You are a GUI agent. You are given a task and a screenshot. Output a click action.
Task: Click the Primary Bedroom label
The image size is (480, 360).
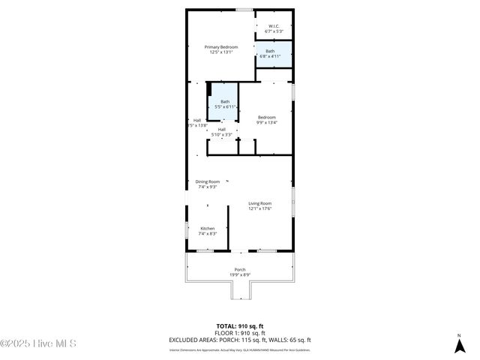click(x=221, y=46)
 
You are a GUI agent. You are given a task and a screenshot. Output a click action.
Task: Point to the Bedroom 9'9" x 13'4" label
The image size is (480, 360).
click(x=267, y=117)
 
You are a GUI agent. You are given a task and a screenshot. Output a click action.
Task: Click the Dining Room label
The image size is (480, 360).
click(x=208, y=181)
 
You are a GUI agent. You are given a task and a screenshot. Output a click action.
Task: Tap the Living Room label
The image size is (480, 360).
click(x=260, y=203)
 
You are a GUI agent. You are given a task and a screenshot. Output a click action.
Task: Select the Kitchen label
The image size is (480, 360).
click(x=207, y=228)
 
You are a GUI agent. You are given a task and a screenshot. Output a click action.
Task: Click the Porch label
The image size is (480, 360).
click(x=240, y=269)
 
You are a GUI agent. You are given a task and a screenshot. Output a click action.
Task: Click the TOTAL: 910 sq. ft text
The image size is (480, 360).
click(x=240, y=326)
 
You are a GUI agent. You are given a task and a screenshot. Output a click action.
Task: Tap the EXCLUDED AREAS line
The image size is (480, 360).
click(x=240, y=340)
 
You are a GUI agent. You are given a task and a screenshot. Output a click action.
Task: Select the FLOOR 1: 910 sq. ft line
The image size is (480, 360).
click(x=240, y=333)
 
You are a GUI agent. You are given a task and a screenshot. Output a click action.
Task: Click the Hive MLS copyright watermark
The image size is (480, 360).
click(x=38, y=344)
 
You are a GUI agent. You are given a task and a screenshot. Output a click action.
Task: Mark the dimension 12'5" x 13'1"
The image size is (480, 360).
click(x=221, y=52)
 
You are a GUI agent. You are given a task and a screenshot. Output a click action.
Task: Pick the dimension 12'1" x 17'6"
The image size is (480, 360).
click(x=260, y=208)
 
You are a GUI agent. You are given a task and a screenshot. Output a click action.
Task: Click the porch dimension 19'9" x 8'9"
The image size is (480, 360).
click(x=240, y=274)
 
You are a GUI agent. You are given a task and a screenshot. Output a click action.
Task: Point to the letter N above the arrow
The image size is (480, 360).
click(x=459, y=335)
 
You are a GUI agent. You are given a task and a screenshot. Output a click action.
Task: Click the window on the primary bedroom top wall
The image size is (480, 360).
click(x=244, y=10)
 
